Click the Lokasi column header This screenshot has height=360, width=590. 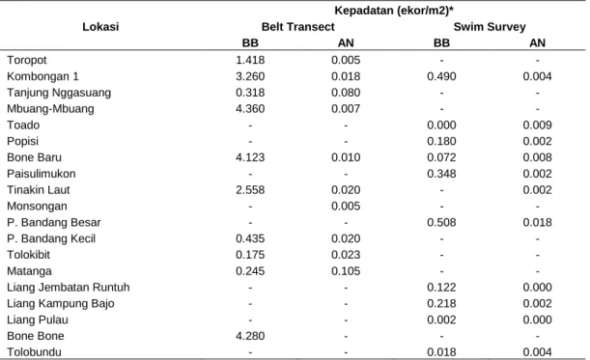[x=100, y=27]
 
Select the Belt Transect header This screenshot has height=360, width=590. [x=298, y=27]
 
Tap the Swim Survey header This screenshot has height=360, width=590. [x=490, y=27]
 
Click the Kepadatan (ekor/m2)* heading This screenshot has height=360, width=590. [x=394, y=11]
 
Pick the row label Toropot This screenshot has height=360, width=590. [x=27, y=60]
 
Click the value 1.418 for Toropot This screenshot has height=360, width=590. [x=250, y=60]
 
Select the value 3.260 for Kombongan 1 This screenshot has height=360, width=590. [x=250, y=76]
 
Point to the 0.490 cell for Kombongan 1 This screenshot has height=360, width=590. [x=441, y=76]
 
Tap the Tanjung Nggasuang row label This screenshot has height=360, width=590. [x=59, y=93]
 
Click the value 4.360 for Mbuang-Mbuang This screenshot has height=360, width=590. [x=250, y=109]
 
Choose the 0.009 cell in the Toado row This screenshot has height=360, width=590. [x=537, y=125]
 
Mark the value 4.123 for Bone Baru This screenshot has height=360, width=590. [x=250, y=157]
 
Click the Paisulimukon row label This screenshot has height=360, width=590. [x=42, y=174]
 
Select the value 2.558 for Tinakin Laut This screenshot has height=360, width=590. [x=250, y=190]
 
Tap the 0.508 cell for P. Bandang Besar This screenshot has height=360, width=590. [x=441, y=222]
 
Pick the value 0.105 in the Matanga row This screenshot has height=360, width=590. [x=346, y=271]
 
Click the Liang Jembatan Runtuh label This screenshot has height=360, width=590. [x=69, y=288]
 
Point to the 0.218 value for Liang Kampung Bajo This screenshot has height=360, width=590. [x=441, y=304]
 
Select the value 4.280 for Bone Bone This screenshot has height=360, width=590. [x=250, y=336]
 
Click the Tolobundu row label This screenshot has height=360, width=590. [x=34, y=352]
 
